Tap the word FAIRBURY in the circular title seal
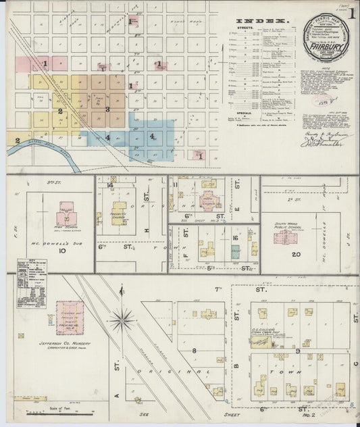click(x=327, y=49)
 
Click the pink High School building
click(x=66, y=215)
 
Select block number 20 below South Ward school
click(x=296, y=254)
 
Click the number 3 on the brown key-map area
click(x=107, y=109)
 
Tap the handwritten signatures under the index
click(x=315, y=139)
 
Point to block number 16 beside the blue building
click(x=236, y=238)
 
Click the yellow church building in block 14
click(x=118, y=213)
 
